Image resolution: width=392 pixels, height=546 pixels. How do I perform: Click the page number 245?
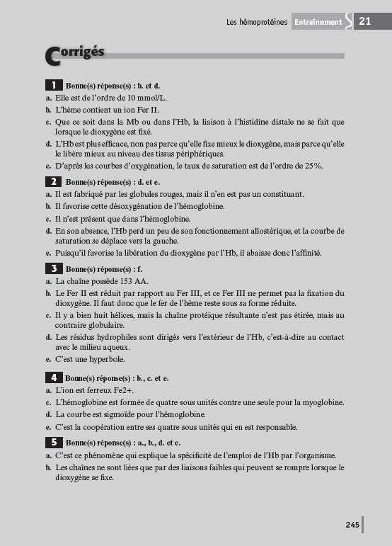[x=352, y=525]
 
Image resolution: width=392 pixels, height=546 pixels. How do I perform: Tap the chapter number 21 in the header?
[x=366, y=21]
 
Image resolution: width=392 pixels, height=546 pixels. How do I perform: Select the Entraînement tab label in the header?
[x=318, y=22]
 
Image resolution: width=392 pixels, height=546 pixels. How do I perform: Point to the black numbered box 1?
[x=54, y=85]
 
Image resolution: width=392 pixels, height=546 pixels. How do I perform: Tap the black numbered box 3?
[x=54, y=268]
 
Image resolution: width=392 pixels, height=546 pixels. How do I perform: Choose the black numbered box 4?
[x=54, y=378]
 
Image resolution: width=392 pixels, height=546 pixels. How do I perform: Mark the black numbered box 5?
[x=54, y=442]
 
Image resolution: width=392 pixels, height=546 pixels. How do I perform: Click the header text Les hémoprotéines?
[x=257, y=22]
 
